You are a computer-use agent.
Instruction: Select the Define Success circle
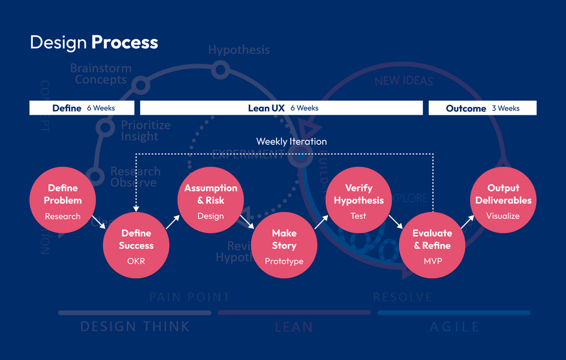pos(137,245)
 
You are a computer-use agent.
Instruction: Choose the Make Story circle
pos(284,245)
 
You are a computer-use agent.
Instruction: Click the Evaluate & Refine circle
pos(432,245)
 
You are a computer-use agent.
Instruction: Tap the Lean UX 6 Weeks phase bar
pos(281,108)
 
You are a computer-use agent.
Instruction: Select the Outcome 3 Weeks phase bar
pos(482,108)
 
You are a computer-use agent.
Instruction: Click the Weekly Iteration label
pos(291,142)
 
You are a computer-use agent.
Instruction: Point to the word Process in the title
pos(125,43)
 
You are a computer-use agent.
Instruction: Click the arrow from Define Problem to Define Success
pos(100,223)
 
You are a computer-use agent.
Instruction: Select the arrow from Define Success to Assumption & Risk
pos(172,223)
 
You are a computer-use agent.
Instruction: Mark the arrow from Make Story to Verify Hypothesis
pos(321,223)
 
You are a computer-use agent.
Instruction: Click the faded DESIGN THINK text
pos(135,327)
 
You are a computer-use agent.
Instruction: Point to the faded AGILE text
pos(454,327)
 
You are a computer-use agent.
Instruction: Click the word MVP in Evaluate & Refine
pos(432,261)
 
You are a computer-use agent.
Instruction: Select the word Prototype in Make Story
pos(284,261)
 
